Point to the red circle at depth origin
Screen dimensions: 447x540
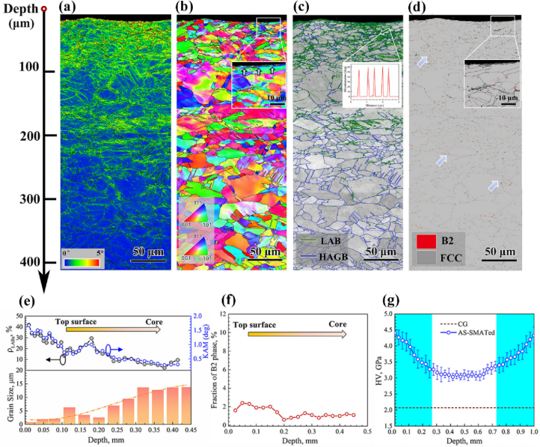point(44,9)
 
